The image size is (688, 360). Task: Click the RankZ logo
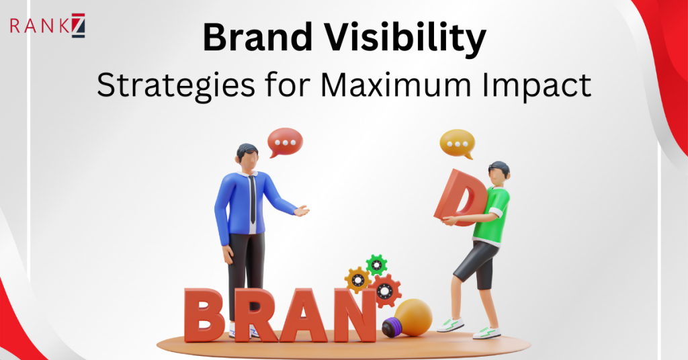[48, 28]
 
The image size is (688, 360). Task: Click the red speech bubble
[285, 142]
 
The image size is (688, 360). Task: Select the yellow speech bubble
[457, 143]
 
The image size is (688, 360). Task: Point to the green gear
[376, 264]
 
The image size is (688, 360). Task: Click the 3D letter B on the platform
[204, 314]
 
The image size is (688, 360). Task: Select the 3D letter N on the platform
[354, 314]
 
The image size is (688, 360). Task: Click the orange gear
[357, 278]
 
